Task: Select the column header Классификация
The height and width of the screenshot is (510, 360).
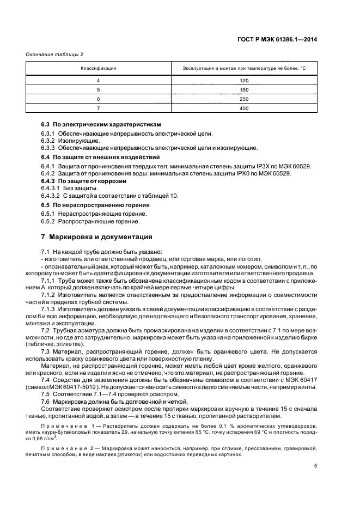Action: point(99,69)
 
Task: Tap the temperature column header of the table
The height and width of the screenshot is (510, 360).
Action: point(244,69)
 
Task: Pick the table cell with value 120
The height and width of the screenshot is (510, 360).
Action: point(244,80)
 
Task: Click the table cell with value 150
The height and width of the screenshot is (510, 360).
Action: point(244,89)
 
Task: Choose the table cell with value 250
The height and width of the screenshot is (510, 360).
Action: point(244,99)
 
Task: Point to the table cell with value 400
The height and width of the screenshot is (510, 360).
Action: point(244,108)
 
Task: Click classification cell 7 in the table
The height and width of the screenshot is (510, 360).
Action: point(99,108)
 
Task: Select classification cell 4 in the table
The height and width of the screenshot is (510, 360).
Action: point(99,80)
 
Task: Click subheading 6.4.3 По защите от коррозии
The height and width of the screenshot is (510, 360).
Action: point(84,180)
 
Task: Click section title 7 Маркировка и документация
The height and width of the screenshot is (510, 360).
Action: point(93,237)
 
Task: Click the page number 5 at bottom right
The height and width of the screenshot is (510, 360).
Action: point(315,466)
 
